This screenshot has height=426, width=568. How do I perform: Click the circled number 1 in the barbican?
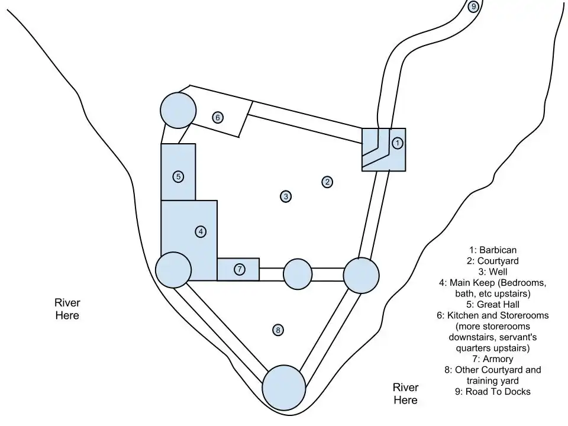398,143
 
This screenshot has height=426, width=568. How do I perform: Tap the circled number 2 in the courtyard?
327,182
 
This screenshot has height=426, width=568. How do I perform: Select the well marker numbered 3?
285,196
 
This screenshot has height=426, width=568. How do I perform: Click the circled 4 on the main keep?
201,232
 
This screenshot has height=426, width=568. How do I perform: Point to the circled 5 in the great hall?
178,176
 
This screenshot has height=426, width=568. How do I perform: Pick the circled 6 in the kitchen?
218,117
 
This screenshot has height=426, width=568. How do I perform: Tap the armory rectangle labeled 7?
238,269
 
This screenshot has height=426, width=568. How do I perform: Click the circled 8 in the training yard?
277,330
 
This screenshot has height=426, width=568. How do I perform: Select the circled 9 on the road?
473,7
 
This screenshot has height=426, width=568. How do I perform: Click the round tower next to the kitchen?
177,109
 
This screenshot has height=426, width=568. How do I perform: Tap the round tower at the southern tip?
284,388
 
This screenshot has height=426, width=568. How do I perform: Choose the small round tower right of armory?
298,275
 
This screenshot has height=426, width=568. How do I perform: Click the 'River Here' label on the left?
67,309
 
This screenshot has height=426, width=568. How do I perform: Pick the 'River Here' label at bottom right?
405,393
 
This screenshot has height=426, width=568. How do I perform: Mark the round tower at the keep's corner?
173,270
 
